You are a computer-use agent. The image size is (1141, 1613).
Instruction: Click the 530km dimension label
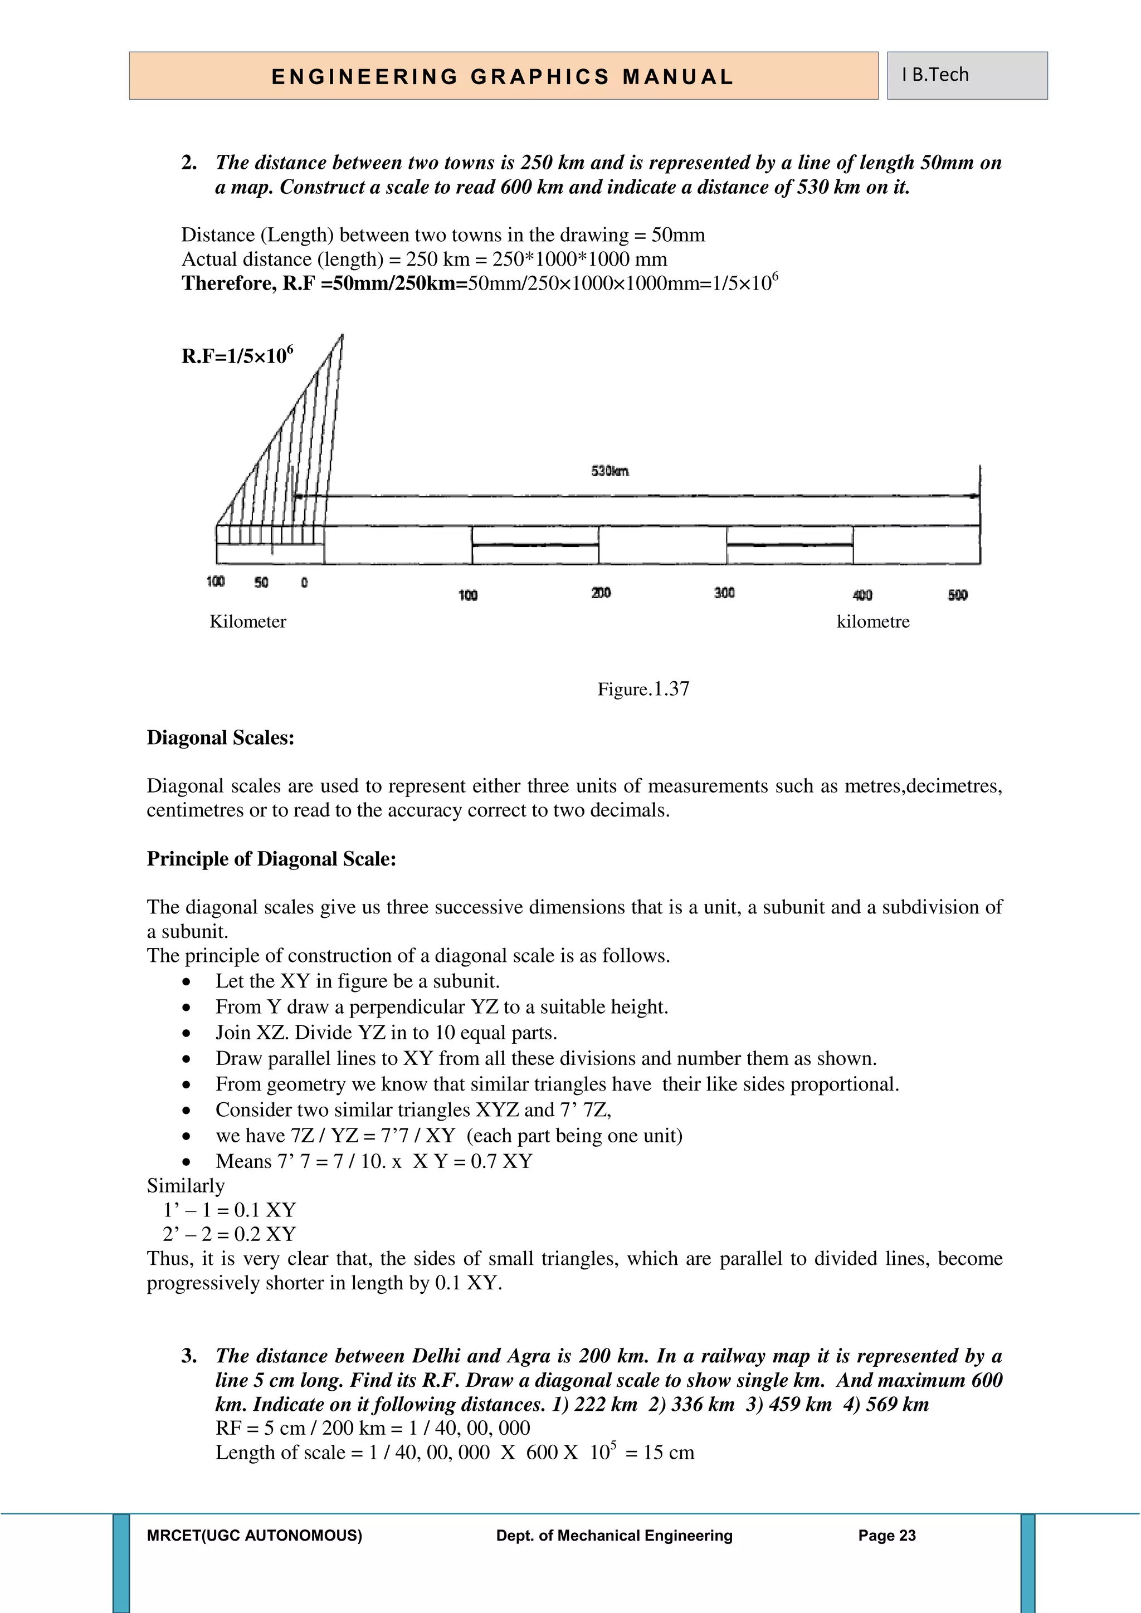click(610, 471)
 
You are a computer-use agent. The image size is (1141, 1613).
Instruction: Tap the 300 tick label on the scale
click(724, 593)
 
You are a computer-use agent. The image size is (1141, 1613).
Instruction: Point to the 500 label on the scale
click(958, 595)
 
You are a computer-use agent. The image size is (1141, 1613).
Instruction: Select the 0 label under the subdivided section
click(304, 583)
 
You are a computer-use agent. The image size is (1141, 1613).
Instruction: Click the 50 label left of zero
click(261, 583)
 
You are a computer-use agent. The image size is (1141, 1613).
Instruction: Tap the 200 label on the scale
click(601, 593)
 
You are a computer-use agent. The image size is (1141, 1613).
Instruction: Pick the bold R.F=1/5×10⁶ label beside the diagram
click(237, 355)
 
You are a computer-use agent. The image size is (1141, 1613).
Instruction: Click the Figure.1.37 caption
click(643, 688)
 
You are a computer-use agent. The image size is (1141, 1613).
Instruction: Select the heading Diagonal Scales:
click(220, 737)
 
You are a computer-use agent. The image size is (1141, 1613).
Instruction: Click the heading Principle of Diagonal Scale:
click(271, 858)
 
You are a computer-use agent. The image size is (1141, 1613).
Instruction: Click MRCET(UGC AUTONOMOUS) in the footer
click(255, 1536)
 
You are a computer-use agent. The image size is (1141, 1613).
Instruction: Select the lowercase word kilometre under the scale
click(872, 622)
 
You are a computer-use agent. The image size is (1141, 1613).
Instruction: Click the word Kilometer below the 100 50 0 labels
click(248, 622)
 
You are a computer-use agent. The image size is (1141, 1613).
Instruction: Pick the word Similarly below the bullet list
click(186, 1186)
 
